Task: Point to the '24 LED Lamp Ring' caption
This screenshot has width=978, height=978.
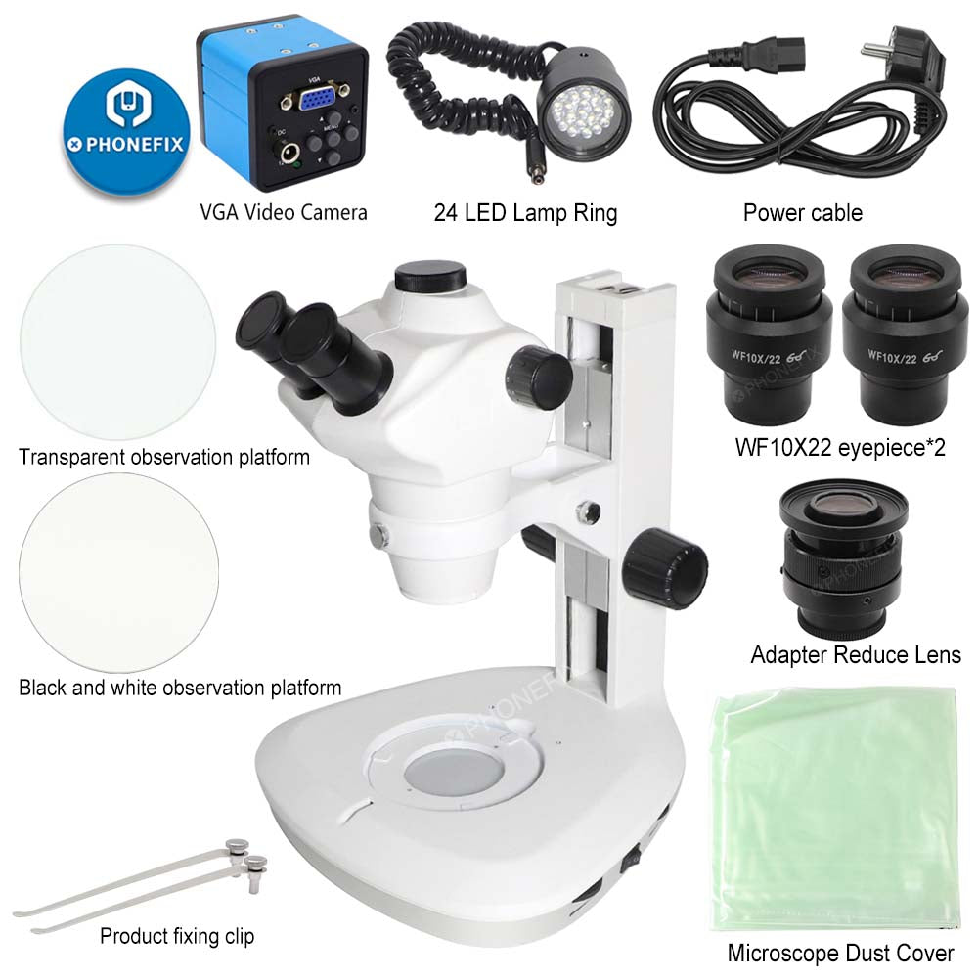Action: tap(525, 212)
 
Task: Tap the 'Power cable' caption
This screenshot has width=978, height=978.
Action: tap(803, 212)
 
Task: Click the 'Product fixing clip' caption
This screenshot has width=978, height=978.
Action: tap(177, 936)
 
